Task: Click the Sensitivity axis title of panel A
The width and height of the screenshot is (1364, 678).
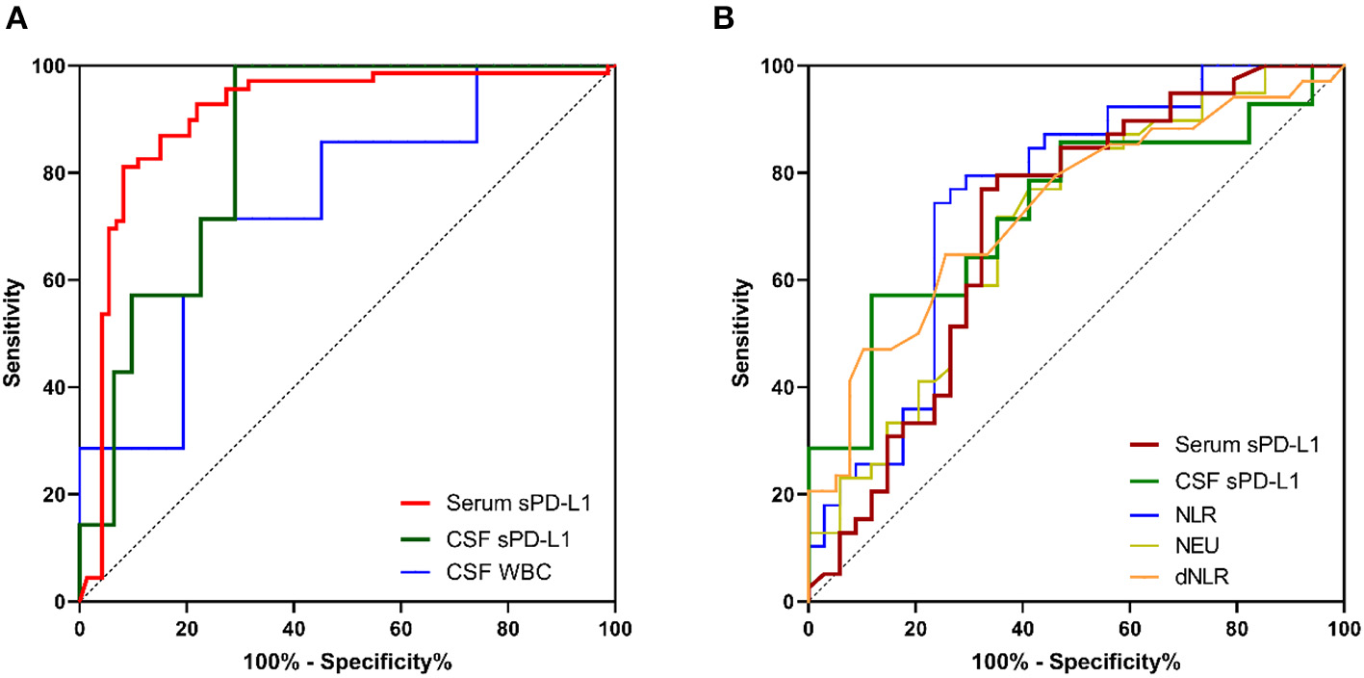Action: click(x=13, y=333)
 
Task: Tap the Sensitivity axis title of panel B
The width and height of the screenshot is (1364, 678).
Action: click(x=741, y=333)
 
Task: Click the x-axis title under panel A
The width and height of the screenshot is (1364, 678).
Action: click(x=347, y=663)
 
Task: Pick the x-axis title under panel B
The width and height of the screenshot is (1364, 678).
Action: click(x=1075, y=663)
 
